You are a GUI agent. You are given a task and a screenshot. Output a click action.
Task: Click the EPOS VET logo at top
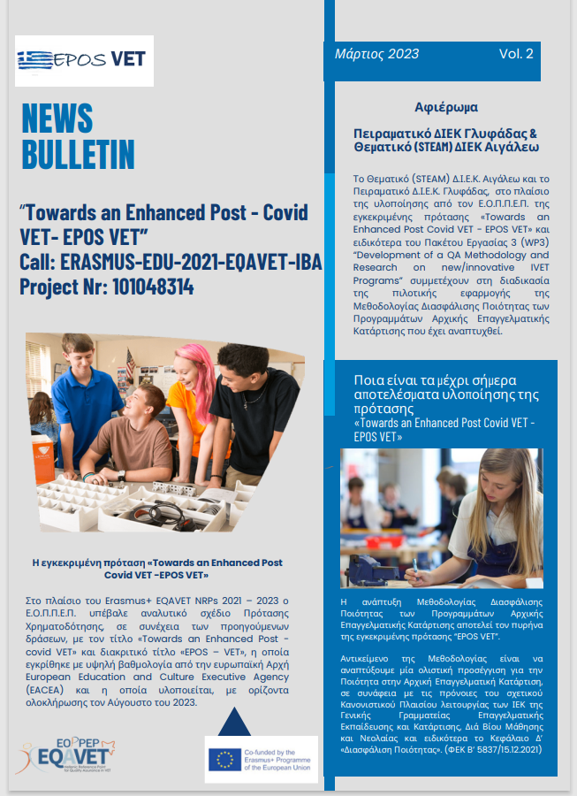85,60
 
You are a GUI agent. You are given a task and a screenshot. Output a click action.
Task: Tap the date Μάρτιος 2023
376,54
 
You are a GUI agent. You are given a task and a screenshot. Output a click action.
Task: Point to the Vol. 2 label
516,54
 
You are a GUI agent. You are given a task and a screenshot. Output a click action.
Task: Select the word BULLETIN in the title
78,156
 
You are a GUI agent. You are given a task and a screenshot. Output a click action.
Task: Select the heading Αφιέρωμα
446,108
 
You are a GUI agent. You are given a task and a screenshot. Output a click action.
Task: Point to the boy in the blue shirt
88,389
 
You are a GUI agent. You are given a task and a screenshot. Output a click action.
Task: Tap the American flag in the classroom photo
130,363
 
